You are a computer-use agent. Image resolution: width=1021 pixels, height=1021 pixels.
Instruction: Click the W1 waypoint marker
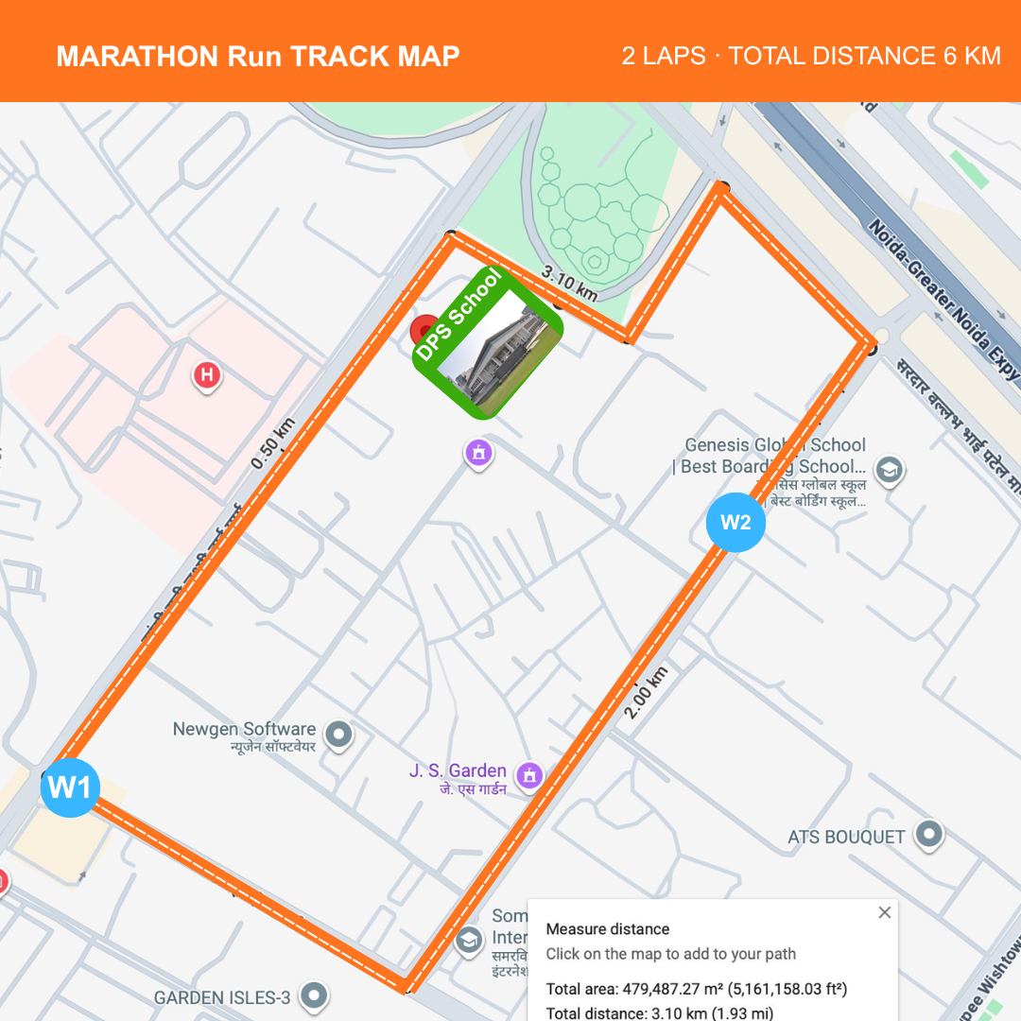click(x=69, y=787)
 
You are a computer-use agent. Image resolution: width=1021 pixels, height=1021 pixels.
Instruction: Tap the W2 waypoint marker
click(x=735, y=522)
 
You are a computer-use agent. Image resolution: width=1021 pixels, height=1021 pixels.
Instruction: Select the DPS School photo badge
click(x=488, y=342)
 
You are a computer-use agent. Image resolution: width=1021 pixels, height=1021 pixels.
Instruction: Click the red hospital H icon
click(x=207, y=375)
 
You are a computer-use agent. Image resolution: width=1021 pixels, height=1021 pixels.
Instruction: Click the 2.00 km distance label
click(x=647, y=693)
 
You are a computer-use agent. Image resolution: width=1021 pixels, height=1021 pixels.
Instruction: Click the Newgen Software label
click(x=244, y=730)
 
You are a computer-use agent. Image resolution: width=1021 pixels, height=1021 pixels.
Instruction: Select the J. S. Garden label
click(x=458, y=771)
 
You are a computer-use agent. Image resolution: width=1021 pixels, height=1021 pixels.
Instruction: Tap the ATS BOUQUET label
click(x=846, y=837)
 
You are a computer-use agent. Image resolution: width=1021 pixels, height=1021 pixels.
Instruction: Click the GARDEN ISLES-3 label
click(x=221, y=997)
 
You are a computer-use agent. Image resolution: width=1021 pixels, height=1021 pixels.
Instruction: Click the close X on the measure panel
click(x=884, y=912)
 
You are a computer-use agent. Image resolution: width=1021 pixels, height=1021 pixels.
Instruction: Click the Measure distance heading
click(x=607, y=929)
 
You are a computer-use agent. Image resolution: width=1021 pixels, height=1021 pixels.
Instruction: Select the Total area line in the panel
click(x=696, y=990)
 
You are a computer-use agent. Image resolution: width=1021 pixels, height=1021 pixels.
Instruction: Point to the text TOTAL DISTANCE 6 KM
click(x=864, y=56)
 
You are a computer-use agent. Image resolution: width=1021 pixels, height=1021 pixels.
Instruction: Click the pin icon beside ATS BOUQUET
click(x=930, y=835)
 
